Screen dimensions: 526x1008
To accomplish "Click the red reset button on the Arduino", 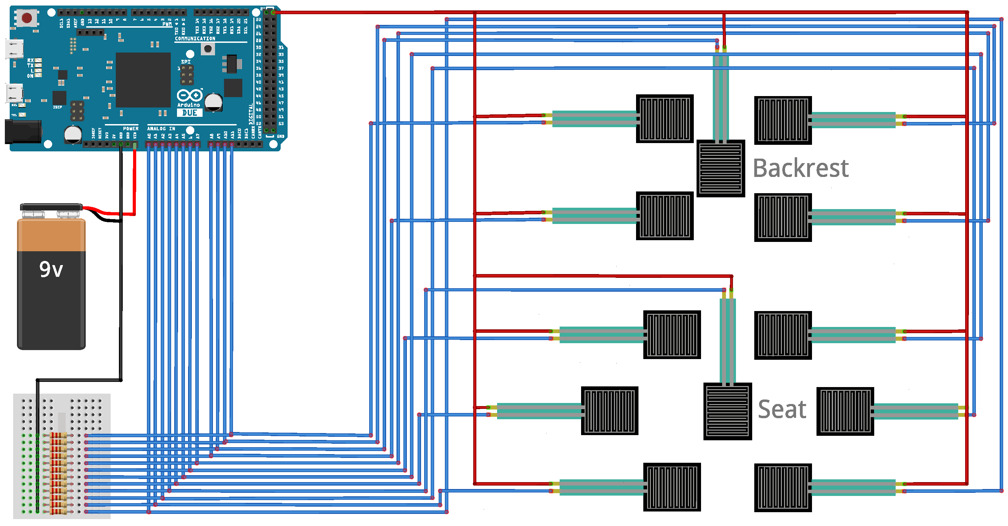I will pos(27,18).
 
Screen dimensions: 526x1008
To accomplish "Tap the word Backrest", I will pos(800,168).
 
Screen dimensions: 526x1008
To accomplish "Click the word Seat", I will pos(782,409).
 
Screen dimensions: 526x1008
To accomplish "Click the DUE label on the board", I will pos(189,113).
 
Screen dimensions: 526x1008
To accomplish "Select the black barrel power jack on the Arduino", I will pos(23,131).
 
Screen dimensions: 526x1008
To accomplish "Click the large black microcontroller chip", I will pos(143,80).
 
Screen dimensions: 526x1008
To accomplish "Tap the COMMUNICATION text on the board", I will pos(195,39).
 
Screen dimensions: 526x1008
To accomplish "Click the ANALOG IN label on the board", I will pos(161,128).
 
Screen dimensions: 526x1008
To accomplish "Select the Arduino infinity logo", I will pos(189,95).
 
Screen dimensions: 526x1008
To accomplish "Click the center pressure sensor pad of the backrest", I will pos(720,168).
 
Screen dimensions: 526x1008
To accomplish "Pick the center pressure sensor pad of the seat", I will pos(727,411).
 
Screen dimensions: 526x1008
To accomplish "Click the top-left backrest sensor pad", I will pos(664,119).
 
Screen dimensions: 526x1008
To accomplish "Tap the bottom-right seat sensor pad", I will pos(783,487).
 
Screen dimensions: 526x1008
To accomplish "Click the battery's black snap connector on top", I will pos(51,207).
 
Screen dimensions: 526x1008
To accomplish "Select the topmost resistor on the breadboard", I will pos(58,435).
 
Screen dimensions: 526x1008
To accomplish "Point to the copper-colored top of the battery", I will pos(51,235).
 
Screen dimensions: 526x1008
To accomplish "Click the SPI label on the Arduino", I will pos(186,62).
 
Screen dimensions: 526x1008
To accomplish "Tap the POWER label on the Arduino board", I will pos(130,128).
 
